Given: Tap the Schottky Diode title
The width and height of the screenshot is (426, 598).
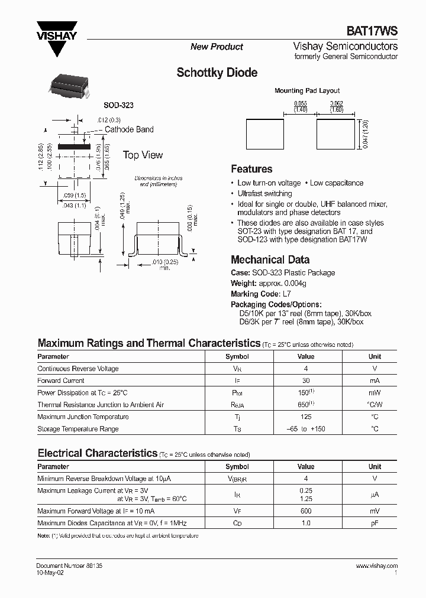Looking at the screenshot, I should (x=217, y=73).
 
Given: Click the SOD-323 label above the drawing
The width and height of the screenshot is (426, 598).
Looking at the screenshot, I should (x=118, y=105).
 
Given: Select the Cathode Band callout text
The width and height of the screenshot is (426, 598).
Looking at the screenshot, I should (x=129, y=129).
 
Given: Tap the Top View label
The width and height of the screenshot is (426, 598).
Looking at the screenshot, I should (x=143, y=155).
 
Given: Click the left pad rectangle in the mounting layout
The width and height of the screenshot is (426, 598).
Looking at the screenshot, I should (x=264, y=131).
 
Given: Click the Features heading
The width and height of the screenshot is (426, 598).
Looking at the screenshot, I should (x=251, y=169).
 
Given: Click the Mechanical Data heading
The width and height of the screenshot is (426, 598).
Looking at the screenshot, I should (x=270, y=260).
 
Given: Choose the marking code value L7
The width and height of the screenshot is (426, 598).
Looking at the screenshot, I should (x=287, y=294).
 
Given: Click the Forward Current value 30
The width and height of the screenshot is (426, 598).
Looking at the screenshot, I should (x=306, y=381).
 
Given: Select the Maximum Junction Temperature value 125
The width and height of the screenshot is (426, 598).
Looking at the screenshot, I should (x=306, y=417).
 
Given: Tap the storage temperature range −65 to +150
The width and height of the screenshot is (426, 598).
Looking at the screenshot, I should (x=306, y=429).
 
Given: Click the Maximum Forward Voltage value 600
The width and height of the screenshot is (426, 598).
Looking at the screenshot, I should (x=306, y=511).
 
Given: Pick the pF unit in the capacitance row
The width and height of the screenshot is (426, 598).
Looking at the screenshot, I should (x=375, y=523).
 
